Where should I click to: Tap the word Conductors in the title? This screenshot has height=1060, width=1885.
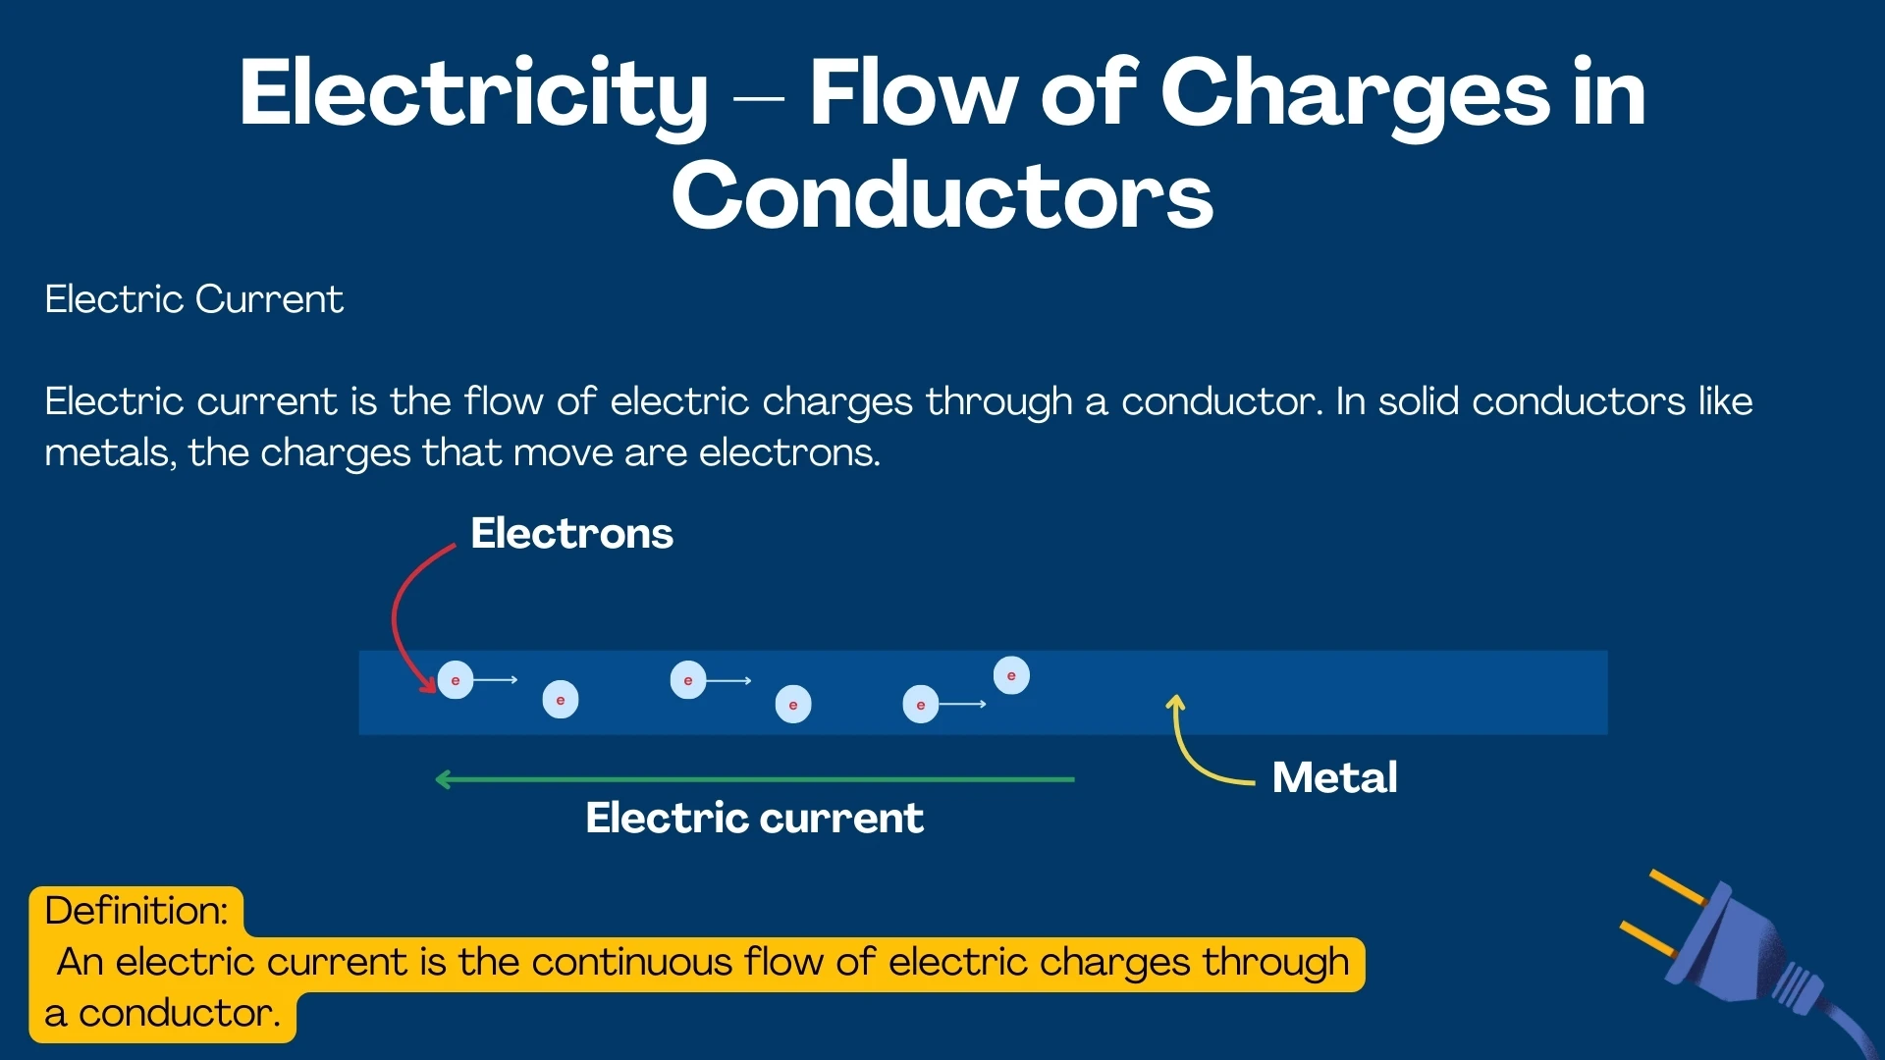[942, 196]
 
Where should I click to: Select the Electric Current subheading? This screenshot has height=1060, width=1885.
[193, 299]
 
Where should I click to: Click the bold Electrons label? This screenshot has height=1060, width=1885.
[571, 534]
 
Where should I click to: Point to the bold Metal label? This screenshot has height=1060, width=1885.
[1334, 777]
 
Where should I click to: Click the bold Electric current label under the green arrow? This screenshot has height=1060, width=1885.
[754, 818]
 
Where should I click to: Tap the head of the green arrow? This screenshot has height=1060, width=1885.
[443, 779]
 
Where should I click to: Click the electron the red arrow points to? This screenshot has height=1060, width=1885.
[456, 680]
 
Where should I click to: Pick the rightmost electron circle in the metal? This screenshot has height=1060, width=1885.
[1011, 675]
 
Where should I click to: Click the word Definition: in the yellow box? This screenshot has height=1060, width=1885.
[136, 911]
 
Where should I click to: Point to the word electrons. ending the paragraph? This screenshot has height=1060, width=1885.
[789, 452]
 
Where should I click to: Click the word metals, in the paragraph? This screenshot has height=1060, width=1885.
[110, 452]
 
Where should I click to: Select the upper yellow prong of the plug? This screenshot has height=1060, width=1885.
[1680, 887]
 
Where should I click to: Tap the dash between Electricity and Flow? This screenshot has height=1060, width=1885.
[758, 97]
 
